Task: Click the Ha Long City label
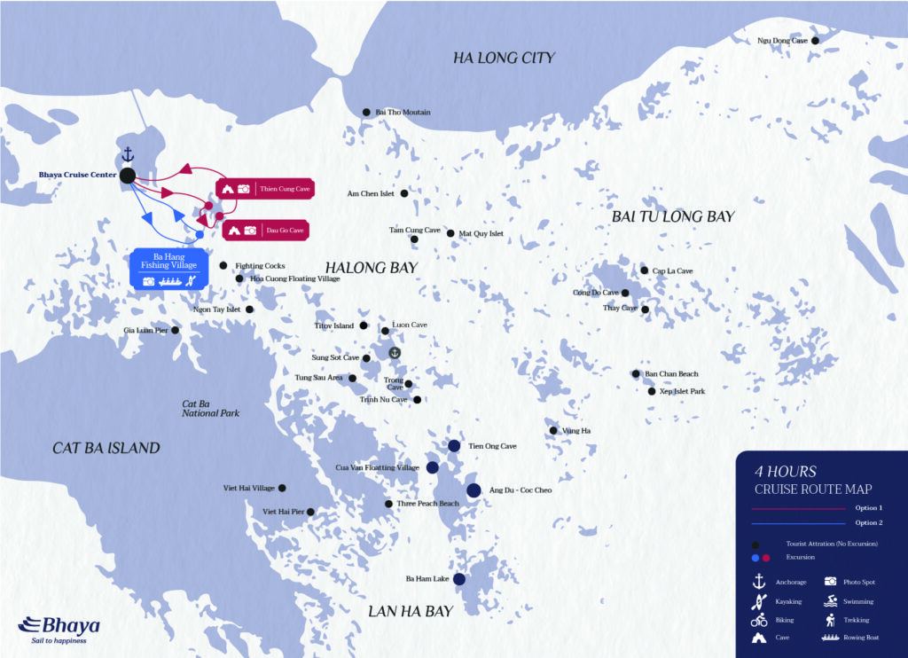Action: click(x=504, y=58)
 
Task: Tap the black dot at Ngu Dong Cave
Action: click(x=816, y=40)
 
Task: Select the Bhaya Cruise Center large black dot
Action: click(x=128, y=176)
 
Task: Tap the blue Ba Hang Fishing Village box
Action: click(x=168, y=269)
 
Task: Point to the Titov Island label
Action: click(x=334, y=325)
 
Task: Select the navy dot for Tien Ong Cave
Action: click(x=454, y=446)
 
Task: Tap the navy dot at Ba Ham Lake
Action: click(x=459, y=579)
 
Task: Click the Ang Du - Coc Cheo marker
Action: click(x=474, y=490)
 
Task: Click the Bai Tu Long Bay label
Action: click(x=673, y=215)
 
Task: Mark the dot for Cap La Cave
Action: click(x=645, y=270)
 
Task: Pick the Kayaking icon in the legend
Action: click(x=758, y=601)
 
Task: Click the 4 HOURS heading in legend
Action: click(x=785, y=472)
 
